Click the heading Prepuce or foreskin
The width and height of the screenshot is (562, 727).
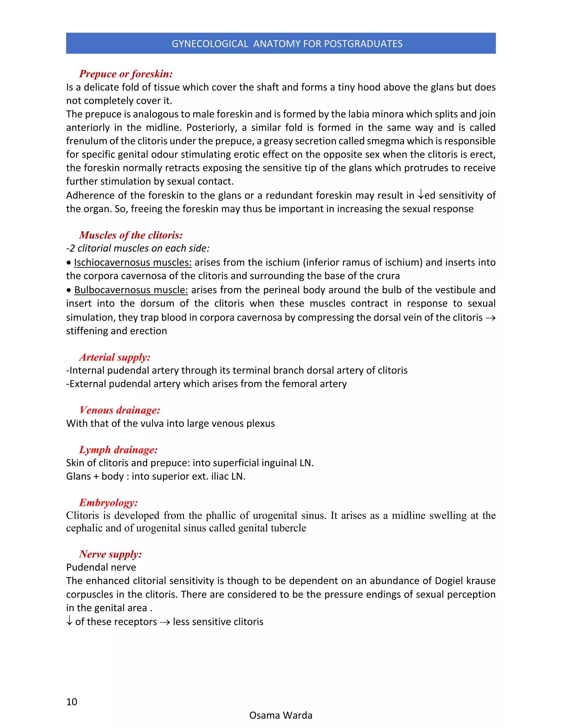tap(126, 74)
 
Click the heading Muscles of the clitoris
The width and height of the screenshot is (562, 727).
tap(131, 235)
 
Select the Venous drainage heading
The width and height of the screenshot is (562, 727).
tap(120, 410)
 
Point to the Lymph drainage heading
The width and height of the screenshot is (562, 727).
tap(118, 450)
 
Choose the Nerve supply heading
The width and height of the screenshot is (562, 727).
tap(111, 554)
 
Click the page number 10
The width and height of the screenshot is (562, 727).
tap(72, 702)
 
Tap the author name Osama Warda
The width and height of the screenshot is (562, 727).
tap(281, 715)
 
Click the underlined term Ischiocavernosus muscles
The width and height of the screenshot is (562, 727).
tap(133, 263)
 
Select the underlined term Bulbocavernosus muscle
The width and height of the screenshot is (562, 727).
tap(131, 290)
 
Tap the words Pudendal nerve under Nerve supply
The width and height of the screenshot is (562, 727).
tap(101, 567)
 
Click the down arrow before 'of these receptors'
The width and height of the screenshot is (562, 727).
tap(69, 621)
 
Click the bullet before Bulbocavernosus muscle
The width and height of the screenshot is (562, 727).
tap(69, 290)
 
